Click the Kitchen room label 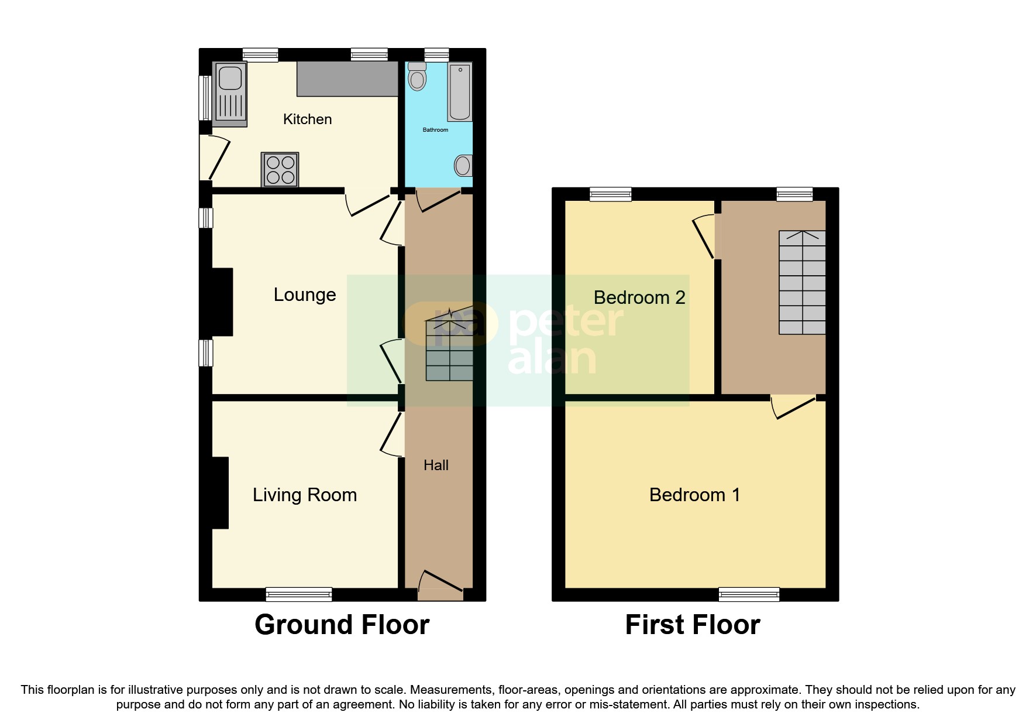(x=307, y=119)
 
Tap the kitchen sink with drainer (x=230, y=94)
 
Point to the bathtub (x=460, y=91)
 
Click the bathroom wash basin (x=463, y=166)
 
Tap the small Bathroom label (x=435, y=130)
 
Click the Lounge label (x=305, y=294)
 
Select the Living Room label (x=305, y=495)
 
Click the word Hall (x=436, y=465)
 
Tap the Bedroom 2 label (x=639, y=297)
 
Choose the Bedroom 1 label (x=694, y=495)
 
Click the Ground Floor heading (x=342, y=625)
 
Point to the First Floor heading (x=693, y=625)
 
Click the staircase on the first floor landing (x=802, y=282)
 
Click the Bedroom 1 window (x=749, y=594)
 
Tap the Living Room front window (x=299, y=594)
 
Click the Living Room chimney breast (x=220, y=493)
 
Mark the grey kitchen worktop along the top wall (x=347, y=78)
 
